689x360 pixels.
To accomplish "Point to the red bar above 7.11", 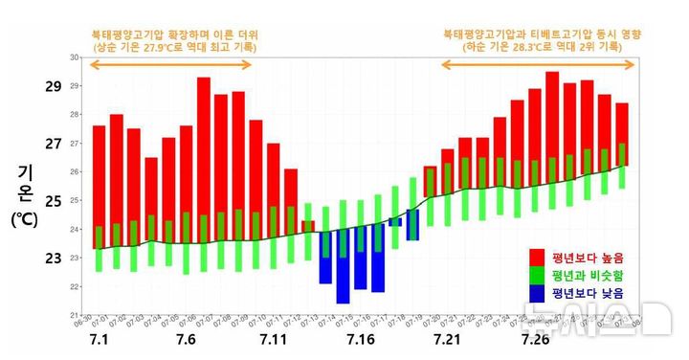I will coord(274,191).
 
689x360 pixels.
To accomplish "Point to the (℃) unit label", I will coord(26,219).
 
